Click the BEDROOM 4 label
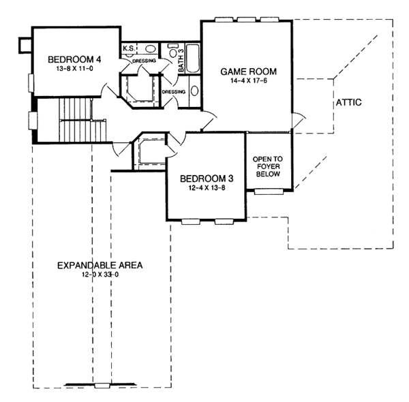click(74, 59)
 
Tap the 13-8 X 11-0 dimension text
click(74, 69)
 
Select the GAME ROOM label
click(248, 72)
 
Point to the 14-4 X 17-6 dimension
click(249, 80)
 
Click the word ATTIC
click(348, 102)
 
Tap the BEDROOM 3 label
click(207, 179)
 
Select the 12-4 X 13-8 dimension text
click(207, 188)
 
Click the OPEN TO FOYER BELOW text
click(268, 166)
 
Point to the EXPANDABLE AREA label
click(100, 266)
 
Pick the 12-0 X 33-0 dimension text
click(100, 275)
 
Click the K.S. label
click(129, 48)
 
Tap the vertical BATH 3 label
click(181, 61)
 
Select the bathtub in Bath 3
click(193, 59)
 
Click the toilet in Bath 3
click(173, 50)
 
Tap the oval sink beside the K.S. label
click(150, 49)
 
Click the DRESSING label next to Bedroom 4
click(145, 61)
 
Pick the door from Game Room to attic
click(298, 121)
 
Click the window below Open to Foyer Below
click(269, 191)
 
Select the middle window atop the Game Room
click(246, 20)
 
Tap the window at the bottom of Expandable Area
click(102, 386)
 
